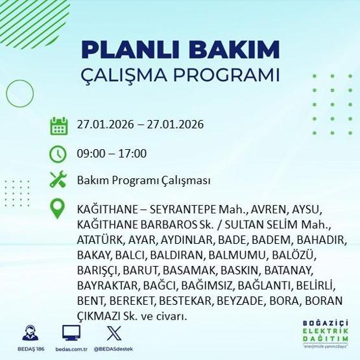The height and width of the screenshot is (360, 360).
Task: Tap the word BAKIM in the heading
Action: coord(237,50)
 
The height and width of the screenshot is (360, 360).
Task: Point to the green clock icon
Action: coord(58,154)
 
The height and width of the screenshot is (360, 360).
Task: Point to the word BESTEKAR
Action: coord(197,300)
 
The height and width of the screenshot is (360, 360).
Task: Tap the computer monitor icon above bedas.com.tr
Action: coord(71,332)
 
